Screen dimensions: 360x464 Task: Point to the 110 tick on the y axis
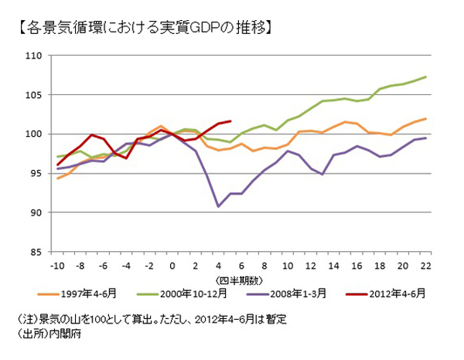tap(33, 56)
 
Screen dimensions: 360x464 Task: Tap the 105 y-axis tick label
tap(33, 95)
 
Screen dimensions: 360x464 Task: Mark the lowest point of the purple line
tap(219, 206)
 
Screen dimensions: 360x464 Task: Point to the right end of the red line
tap(230, 121)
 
